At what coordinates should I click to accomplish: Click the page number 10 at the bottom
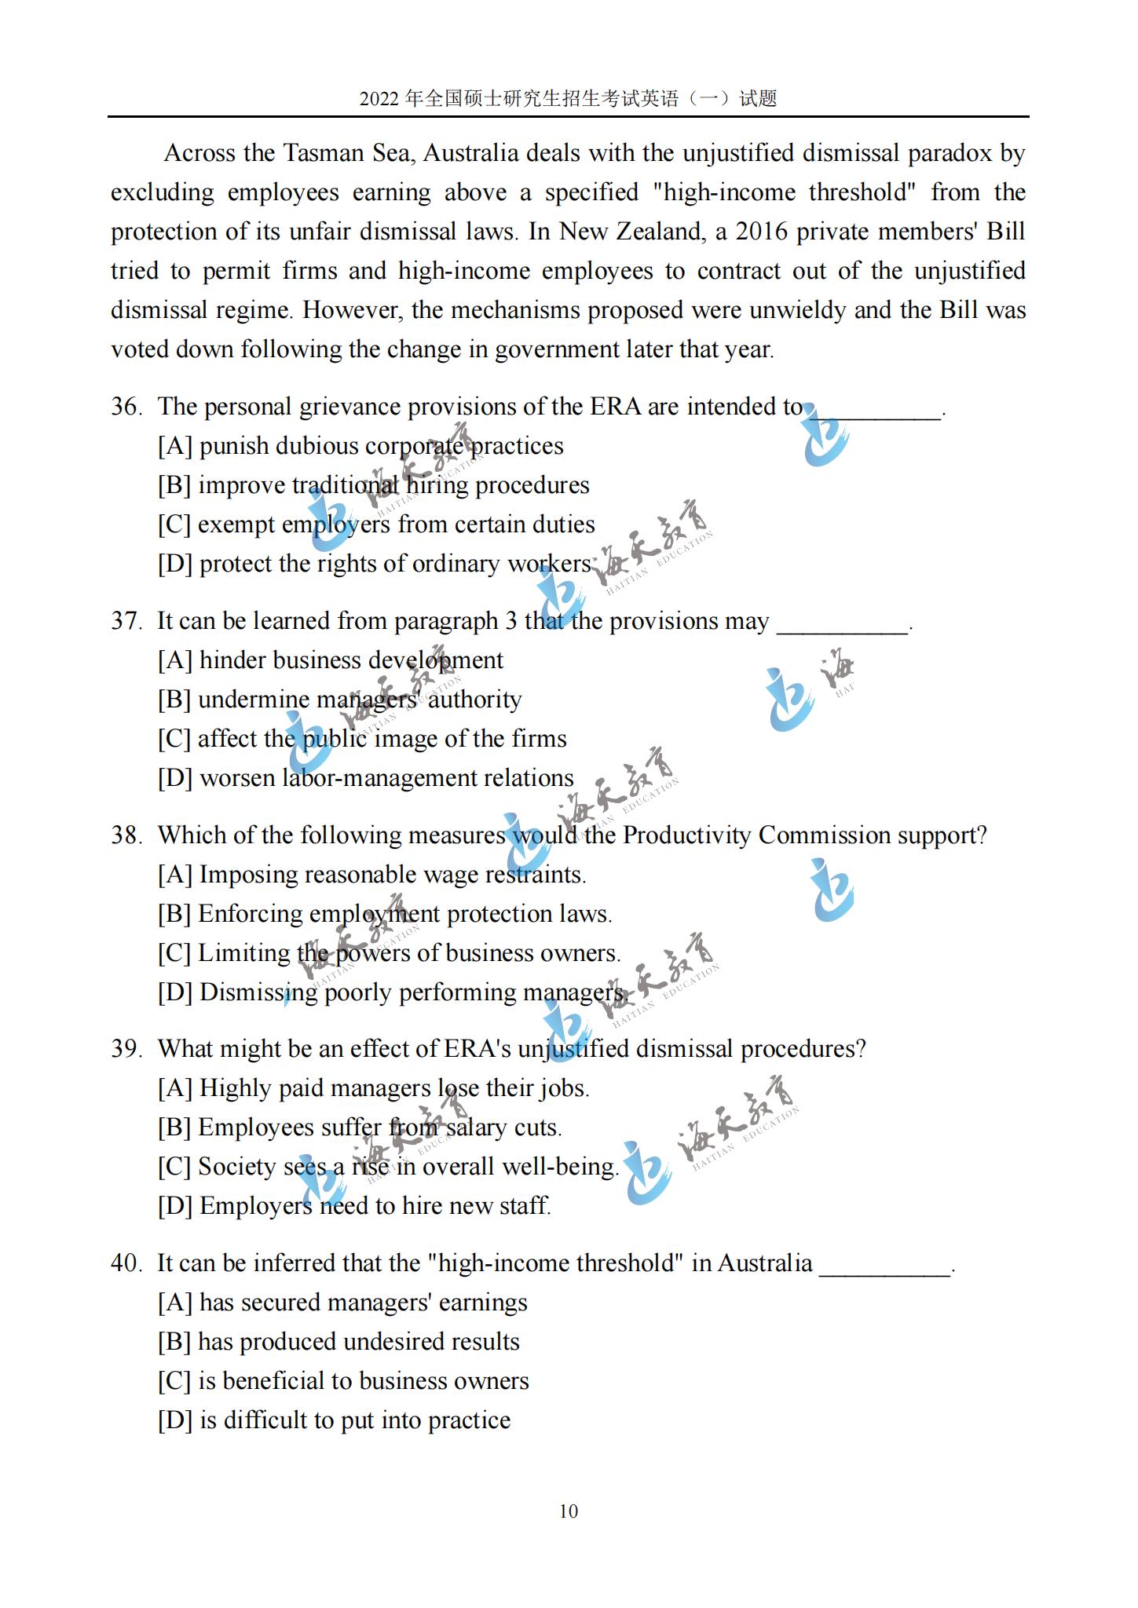click(569, 1511)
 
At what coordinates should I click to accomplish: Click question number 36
click(126, 407)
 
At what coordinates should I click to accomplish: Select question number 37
click(126, 621)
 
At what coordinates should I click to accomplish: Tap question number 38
click(126, 835)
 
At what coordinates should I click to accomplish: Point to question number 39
click(126, 1049)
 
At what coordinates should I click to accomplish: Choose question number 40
click(126, 1263)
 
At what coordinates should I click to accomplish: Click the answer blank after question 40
click(884, 1266)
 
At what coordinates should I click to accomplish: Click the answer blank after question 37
click(842, 623)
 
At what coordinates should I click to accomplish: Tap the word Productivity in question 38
click(686, 835)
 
